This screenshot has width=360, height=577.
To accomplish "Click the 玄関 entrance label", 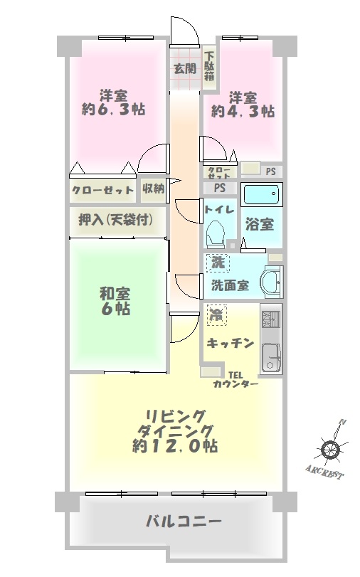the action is pyautogui.click(x=185, y=68).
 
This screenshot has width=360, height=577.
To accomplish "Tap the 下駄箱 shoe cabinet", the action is pyautogui.click(x=210, y=67).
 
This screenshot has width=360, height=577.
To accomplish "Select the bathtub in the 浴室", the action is pyautogui.click(x=262, y=194).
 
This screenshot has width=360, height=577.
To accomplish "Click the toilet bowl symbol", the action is pyautogui.click(x=216, y=233).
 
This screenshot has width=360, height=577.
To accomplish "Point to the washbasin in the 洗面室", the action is pyautogui.click(x=272, y=282).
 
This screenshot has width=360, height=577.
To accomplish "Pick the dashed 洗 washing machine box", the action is pyautogui.click(x=218, y=263).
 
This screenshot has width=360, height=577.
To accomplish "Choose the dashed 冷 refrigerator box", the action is pyautogui.click(x=216, y=315).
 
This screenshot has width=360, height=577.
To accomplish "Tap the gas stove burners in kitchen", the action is pyautogui.click(x=271, y=319).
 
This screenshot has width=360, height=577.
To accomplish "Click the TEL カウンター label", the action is pyautogui.click(x=235, y=380).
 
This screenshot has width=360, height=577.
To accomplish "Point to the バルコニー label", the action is pyautogui.click(x=184, y=521).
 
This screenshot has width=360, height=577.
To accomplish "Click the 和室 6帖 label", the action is pyautogui.click(x=115, y=302).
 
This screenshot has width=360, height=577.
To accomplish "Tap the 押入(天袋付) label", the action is pyautogui.click(x=115, y=220).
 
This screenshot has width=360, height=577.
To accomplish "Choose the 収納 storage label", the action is pyautogui.click(x=154, y=189).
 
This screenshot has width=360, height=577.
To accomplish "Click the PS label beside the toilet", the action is pyautogui.click(x=220, y=188).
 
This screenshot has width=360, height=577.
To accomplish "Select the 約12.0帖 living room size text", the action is pyautogui.click(x=175, y=446).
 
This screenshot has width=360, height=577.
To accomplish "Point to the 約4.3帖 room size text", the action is pyautogui.click(x=243, y=111).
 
